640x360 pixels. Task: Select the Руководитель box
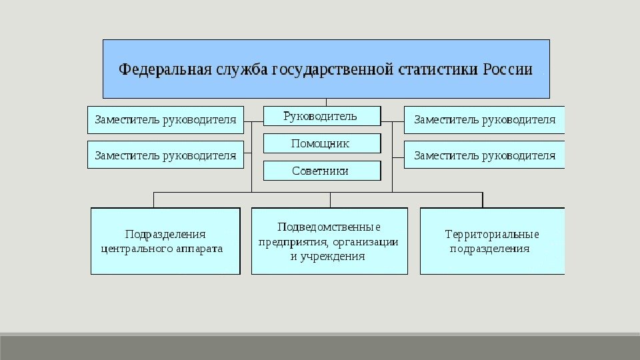322,116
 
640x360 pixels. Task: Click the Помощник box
322,143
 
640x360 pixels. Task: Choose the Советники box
322,171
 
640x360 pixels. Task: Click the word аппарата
197,249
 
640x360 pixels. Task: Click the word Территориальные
492,234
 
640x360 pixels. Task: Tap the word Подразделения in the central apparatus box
165,234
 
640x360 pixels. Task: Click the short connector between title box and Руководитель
326,102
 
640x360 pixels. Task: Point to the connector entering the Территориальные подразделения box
483,200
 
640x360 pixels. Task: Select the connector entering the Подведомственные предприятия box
330,200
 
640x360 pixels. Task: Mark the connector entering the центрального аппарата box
154,200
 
